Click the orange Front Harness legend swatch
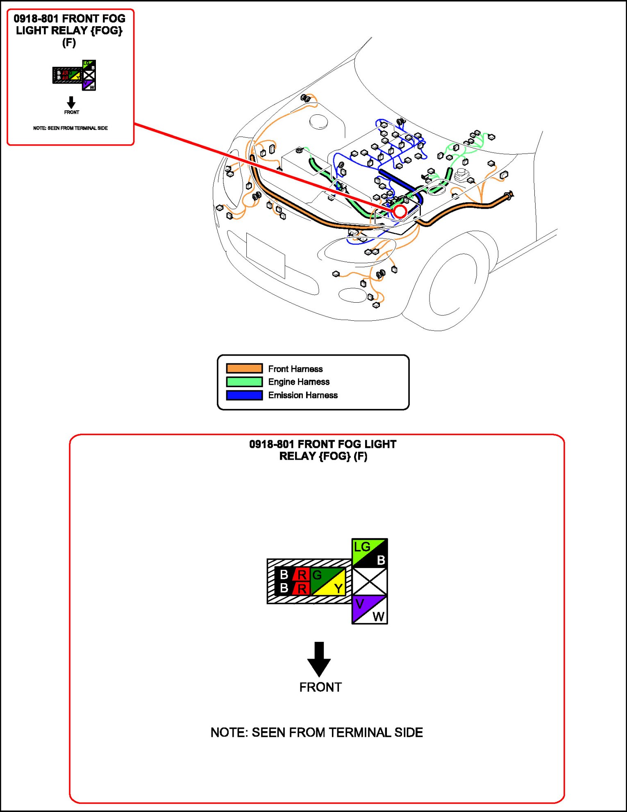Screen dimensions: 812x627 (244, 368)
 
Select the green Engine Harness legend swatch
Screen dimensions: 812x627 (244, 382)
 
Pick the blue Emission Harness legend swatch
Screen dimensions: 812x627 (244, 395)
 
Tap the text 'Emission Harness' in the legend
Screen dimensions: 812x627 (303, 395)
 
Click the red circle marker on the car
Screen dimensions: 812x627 (400, 212)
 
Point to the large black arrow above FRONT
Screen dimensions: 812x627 (319, 659)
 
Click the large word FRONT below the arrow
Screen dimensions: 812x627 (320, 687)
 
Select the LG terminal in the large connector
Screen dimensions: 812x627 (361, 547)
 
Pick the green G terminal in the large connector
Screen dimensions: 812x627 (318, 575)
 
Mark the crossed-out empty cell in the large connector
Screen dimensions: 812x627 (370, 581)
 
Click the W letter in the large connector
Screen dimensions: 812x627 (378, 616)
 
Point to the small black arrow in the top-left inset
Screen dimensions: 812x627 (71, 103)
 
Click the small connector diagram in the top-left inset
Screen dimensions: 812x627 (74, 75)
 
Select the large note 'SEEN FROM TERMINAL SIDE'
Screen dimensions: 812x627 (316, 732)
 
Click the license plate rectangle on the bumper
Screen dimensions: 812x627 (266, 255)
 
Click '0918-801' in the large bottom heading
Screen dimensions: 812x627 (271, 444)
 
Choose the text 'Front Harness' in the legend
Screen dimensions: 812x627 (295, 369)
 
